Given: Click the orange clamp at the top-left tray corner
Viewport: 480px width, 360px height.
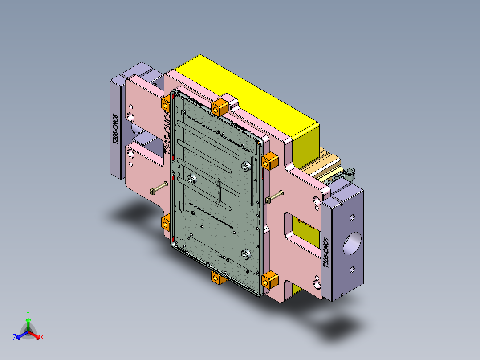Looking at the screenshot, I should click(166, 104).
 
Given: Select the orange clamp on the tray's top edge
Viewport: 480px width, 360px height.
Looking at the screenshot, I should click(220, 107).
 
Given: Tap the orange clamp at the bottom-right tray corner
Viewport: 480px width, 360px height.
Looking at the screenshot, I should click(270, 281).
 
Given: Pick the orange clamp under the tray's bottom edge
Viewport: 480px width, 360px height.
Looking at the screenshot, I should click(218, 278).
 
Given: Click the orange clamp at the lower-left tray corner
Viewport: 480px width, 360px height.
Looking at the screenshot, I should click(167, 221).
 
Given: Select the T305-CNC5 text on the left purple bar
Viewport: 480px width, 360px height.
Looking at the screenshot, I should click(115, 129).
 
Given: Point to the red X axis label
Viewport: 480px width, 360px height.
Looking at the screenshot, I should click(42, 338).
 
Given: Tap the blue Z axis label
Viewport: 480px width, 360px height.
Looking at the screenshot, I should click(15, 337).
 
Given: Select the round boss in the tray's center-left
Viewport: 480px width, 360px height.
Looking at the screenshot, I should click(192, 180).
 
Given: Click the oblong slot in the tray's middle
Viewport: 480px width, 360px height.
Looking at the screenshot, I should click(218, 192).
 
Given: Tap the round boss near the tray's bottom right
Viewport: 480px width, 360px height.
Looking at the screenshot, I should click(246, 254).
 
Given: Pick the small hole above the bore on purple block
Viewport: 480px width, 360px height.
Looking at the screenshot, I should click(352, 217).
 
